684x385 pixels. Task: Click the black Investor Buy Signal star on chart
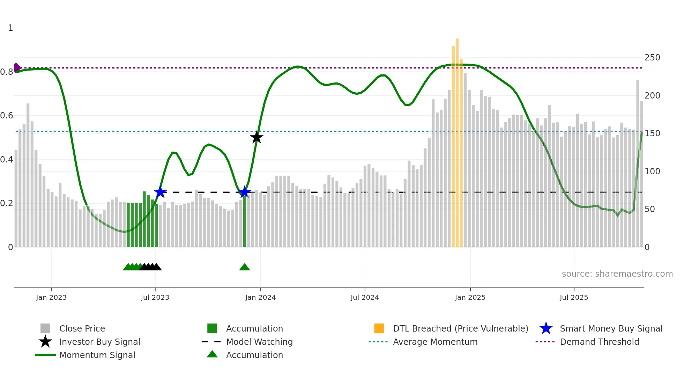(256, 138)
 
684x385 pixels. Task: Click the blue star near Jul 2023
(160, 192)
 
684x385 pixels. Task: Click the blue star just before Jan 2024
(245, 192)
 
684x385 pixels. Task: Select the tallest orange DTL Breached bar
(457, 140)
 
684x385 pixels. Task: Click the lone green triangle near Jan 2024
(245, 267)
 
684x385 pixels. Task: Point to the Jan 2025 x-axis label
(470, 298)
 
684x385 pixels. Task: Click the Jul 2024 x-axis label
(365, 298)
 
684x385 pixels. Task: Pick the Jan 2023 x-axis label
(51, 298)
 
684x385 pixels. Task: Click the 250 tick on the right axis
(652, 58)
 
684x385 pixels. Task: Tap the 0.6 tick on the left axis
(7, 116)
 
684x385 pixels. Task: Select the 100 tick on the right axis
(652, 172)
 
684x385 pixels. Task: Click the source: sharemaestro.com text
(617, 274)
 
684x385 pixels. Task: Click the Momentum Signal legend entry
(97, 355)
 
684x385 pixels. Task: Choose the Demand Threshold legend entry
(599, 342)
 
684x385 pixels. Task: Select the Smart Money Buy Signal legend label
(611, 329)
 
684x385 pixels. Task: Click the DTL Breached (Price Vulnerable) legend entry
(460, 329)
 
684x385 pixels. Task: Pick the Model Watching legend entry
(259, 342)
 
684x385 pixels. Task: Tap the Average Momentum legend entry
(435, 342)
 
